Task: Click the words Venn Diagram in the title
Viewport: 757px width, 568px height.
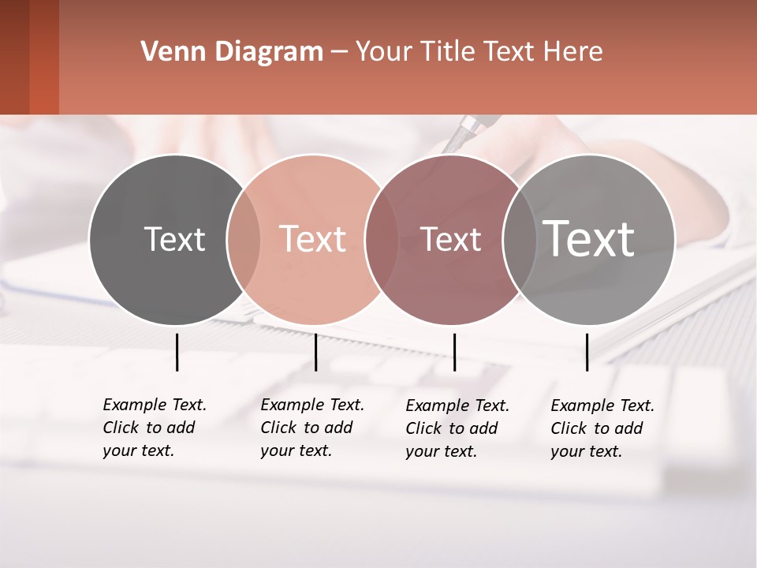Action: [x=232, y=52]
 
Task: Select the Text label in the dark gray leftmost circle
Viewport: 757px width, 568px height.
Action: [x=174, y=239]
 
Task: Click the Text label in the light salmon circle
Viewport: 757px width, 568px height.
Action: [x=313, y=239]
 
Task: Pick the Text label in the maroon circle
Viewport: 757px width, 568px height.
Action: [x=451, y=239]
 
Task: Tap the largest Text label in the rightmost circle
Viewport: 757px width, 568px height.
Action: [x=589, y=238]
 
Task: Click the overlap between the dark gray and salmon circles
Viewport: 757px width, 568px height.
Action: [x=244, y=239]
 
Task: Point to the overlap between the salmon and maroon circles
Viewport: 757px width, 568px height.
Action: [x=382, y=239]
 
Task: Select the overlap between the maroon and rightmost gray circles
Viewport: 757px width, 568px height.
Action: [x=520, y=239]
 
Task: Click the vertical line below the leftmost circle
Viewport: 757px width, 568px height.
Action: [x=177, y=352]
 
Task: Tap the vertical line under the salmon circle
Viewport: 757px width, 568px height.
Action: [x=315, y=352]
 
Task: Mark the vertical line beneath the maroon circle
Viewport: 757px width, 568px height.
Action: [x=454, y=352]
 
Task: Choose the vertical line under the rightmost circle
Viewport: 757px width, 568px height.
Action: [x=587, y=352]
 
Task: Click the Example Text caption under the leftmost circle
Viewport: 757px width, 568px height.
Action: [x=155, y=428]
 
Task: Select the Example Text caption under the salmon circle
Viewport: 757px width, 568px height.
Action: [x=312, y=428]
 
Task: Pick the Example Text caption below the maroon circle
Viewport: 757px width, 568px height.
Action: [x=457, y=428]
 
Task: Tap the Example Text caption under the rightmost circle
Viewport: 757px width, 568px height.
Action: [x=602, y=428]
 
